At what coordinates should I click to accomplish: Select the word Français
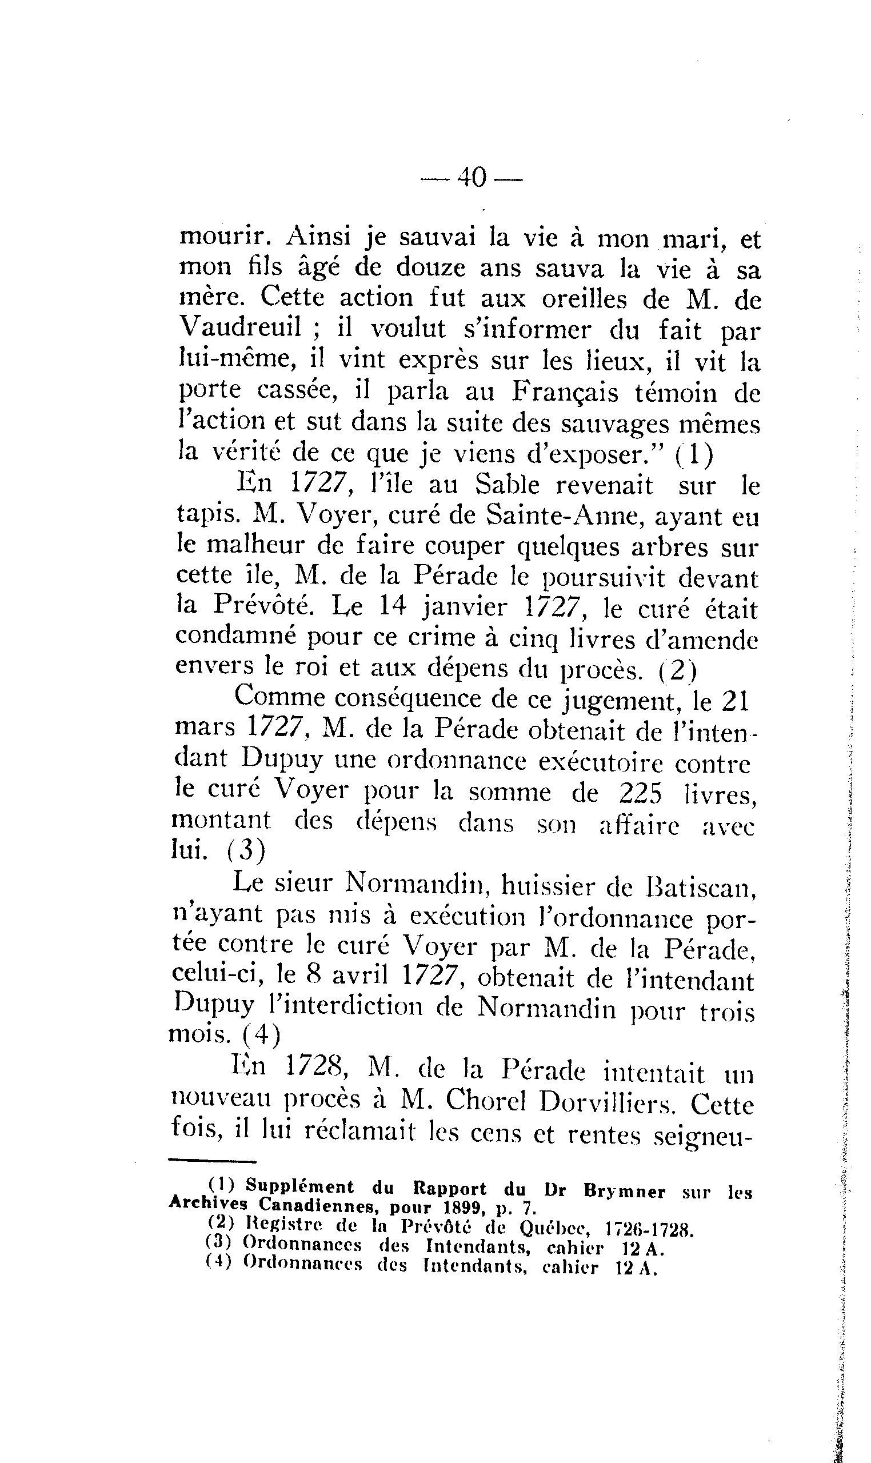tap(565, 391)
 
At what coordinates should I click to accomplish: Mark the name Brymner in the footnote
tap(625, 1192)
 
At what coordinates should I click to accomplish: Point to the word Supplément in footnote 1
tap(300, 1186)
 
